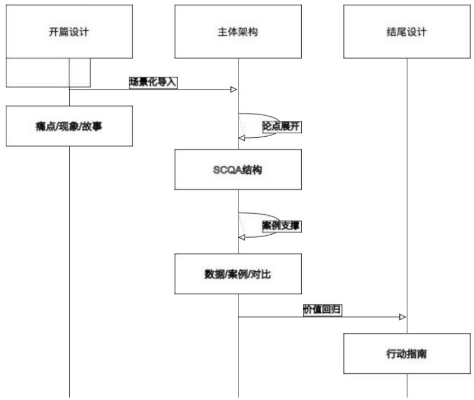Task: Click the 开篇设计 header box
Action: [69, 32]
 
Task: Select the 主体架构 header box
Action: [238, 32]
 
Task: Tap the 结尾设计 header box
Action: [407, 32]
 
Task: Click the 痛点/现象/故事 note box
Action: [69, 126]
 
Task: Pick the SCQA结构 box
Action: [238, 170]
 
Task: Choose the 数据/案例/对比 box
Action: [238, 274]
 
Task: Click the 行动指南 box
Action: [407, 354]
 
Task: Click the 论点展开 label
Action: [281, 127]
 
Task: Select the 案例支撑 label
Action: [281, 226]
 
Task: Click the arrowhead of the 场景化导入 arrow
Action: [234, 89]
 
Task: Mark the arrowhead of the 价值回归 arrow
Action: [403, 317]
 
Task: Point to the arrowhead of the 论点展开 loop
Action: [242, 138]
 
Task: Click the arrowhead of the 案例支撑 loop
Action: [242, 236]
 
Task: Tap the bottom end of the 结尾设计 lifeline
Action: [407, 395]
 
